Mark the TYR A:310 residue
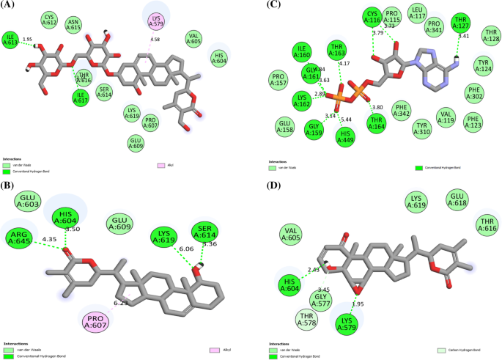[422, 128]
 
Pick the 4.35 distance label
[50, 239]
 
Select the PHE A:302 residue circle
[474, 92]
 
